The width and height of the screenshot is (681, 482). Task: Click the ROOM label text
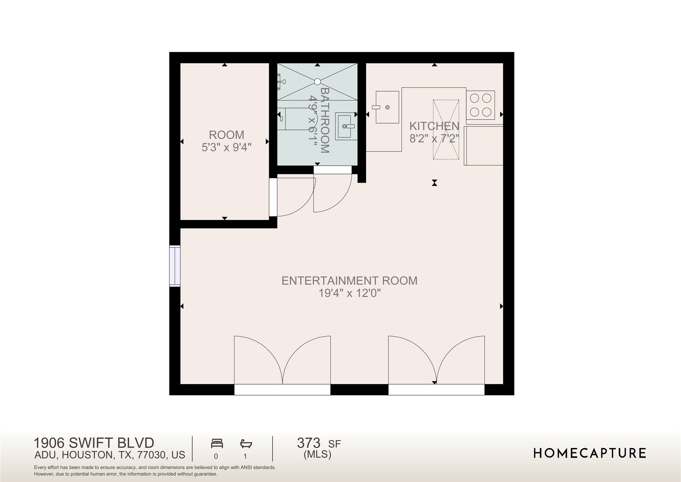point(226,135)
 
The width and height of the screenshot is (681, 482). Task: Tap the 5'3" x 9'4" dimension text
point(226,148)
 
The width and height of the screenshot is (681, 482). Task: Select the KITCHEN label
point(434,126)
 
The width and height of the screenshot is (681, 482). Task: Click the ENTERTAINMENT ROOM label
point(349,280)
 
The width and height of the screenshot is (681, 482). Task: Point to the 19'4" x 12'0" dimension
point(349,293)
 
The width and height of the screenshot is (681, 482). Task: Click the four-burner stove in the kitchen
point(480,105)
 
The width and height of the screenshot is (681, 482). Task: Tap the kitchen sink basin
point(387,107)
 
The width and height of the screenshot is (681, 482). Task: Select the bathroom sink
point(346,126)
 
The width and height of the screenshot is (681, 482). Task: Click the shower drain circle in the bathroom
point(317,82)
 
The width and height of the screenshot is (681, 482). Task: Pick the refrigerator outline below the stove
point(484,146)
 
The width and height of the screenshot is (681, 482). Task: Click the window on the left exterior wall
point(175,266)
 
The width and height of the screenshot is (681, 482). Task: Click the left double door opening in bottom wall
point(282,389)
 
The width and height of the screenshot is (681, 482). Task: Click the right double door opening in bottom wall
point(436,389)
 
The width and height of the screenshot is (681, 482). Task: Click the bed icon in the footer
point(217,444)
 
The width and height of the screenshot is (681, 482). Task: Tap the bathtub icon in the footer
point(246,444)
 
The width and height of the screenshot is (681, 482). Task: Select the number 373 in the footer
point(309,443)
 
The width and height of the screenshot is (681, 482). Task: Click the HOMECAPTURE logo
point(589,453)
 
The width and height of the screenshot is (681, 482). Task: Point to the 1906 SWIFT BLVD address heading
point(94,443)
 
